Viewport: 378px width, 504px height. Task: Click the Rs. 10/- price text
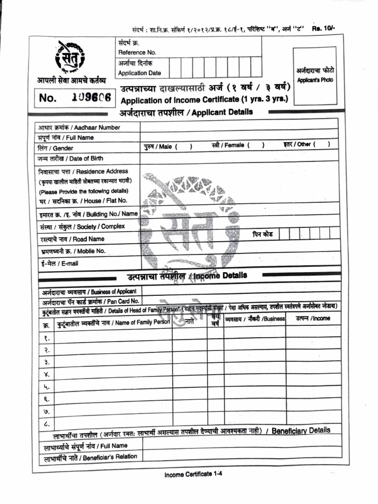(x=324, y=29)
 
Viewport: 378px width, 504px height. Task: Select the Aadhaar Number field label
(x=79, y=127)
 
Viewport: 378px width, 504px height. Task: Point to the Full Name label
(x=65, y=138)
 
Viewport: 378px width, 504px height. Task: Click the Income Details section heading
(x=187, y=276)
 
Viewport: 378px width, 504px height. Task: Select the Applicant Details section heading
(x=186, y=112)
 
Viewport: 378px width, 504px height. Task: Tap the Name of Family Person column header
(x=113, y=323)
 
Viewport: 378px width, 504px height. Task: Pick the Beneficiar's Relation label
(x=90, y=457)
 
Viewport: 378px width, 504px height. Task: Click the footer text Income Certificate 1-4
(x=193, y=474)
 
